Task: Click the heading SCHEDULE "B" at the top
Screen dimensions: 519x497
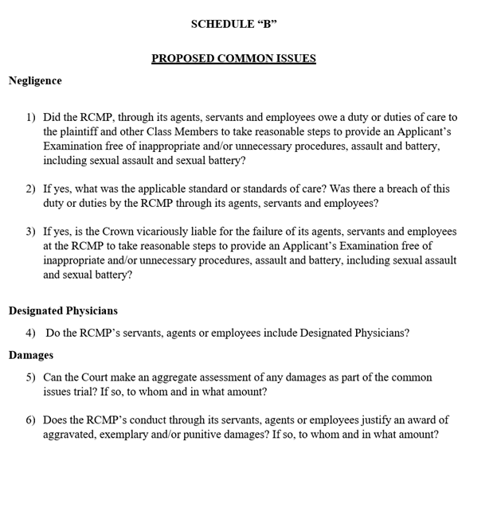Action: point(233,24)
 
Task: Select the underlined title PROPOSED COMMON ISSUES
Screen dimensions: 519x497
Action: point(233,59)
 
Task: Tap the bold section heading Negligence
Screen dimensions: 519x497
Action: point(35,80)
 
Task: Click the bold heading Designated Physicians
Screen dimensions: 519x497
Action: point(63,310)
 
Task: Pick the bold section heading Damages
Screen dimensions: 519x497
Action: point(31,355)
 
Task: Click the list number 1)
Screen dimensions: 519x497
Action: point(30,117)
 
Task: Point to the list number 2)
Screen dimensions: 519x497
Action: point(30,189)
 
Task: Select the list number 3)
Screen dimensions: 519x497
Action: point(30,232)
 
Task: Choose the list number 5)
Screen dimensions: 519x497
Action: point(30,377)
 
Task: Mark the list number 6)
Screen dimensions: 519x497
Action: point(30,420)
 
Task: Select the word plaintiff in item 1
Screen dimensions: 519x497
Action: point(84,132)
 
